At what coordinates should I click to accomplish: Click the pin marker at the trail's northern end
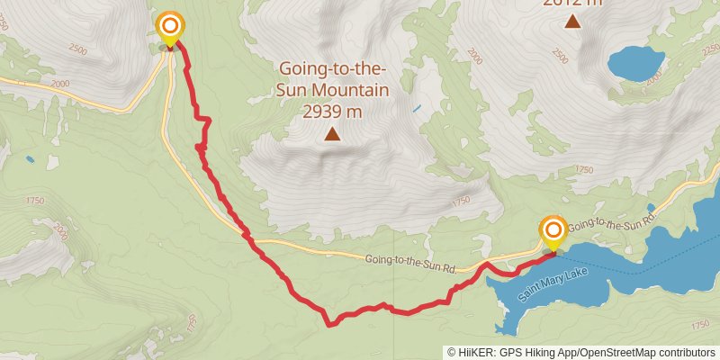point(168,26)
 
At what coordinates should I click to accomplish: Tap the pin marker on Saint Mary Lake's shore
point(552,230)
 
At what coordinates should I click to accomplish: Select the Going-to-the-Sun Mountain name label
point(333,79)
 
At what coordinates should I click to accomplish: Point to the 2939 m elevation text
point(332,112)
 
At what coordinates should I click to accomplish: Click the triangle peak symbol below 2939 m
point(332,135)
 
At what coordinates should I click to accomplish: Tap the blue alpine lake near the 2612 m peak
point(636,63)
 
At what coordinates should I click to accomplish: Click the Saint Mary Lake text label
point(553,284)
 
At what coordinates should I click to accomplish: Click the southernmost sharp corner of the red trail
point(329,324)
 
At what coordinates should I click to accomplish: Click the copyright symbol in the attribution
point(453,353)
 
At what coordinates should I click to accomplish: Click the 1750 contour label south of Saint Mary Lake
point(697,324)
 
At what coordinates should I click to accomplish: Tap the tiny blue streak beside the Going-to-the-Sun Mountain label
point(416,110)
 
